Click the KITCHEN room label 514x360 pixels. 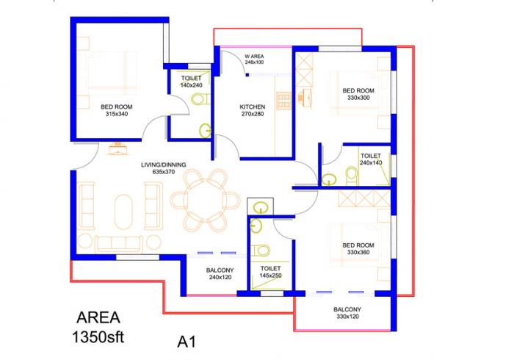[252, 107]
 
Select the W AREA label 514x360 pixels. [255, 57]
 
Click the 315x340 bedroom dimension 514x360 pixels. [117, 115]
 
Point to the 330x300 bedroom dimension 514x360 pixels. [358, 98]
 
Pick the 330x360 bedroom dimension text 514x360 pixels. [359, 252]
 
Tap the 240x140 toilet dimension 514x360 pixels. [371, 163]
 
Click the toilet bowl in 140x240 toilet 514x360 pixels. [197, 99]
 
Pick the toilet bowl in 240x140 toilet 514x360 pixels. [331, 176]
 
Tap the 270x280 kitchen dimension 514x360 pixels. [252, 115]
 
